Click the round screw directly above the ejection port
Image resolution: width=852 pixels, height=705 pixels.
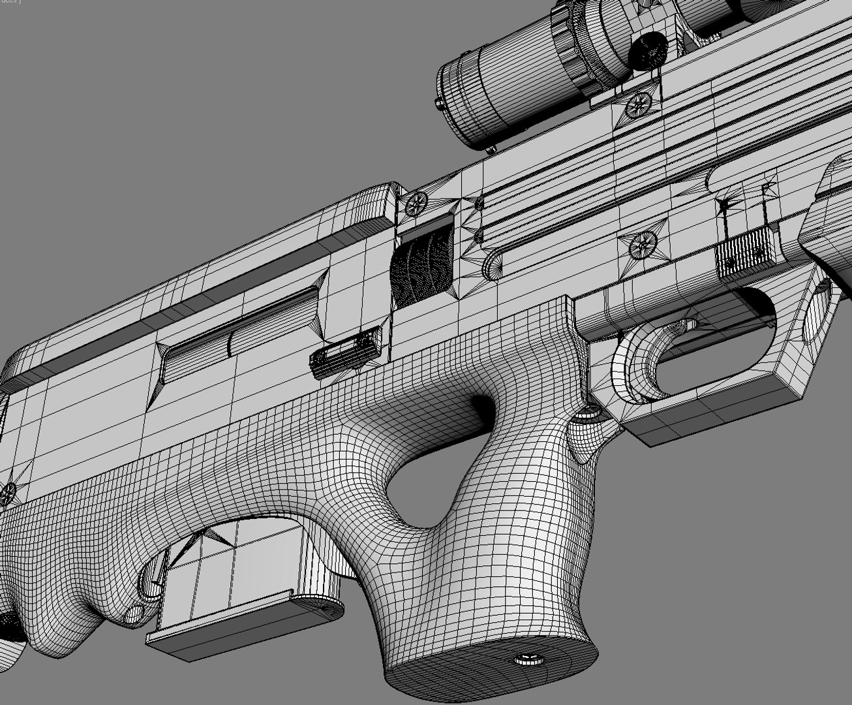point(416,204)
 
